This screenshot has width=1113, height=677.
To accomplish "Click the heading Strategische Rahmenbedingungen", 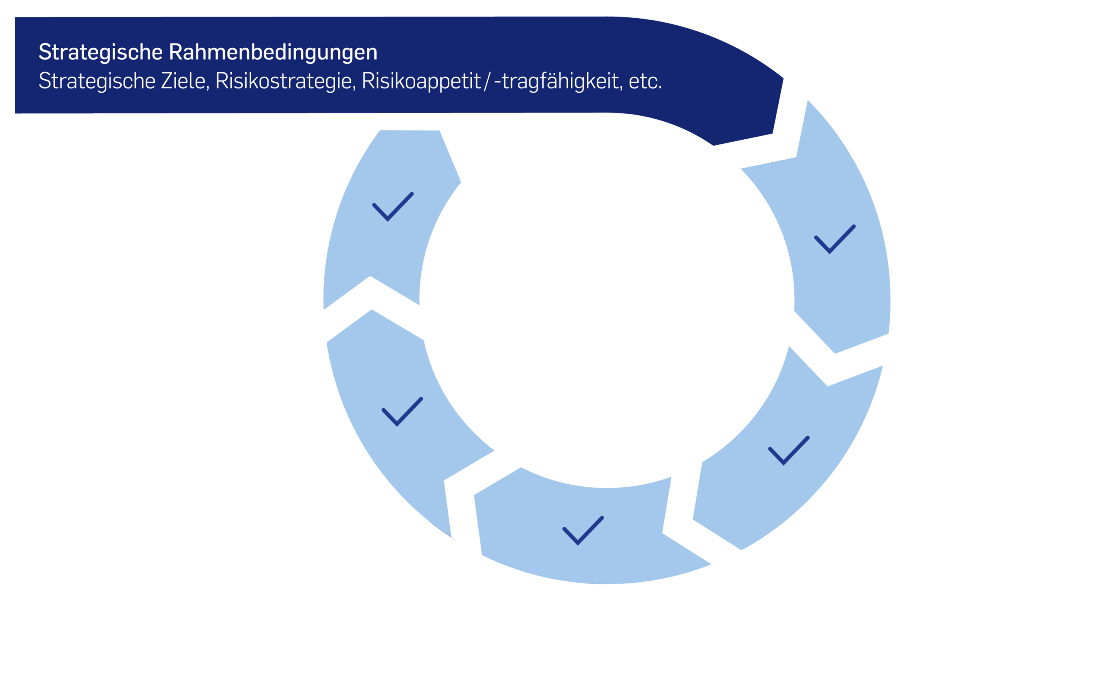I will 208,52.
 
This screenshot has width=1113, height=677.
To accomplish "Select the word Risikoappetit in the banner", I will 421,81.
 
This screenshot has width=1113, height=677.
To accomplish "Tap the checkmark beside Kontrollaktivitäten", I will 789,451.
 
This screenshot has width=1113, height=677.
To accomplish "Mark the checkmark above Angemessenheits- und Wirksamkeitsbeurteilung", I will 583,530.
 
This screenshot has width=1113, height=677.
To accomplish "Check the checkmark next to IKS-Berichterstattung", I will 402,412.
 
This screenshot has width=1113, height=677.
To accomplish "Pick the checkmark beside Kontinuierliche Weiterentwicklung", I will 393,207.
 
